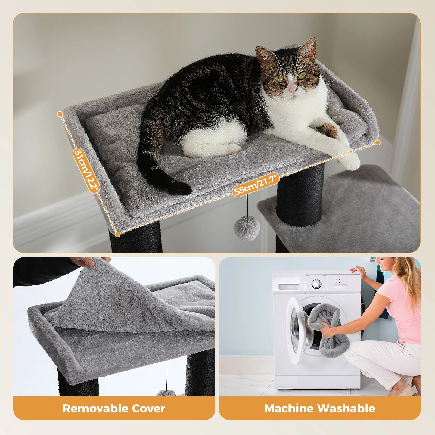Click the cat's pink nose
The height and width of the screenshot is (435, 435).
click(x=293, y=89)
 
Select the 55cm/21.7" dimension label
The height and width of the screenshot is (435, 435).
click(x=256, y=185)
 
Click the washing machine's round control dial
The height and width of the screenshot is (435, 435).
click(x=316, y=284)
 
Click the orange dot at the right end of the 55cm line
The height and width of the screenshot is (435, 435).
click(x=378, y=142)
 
